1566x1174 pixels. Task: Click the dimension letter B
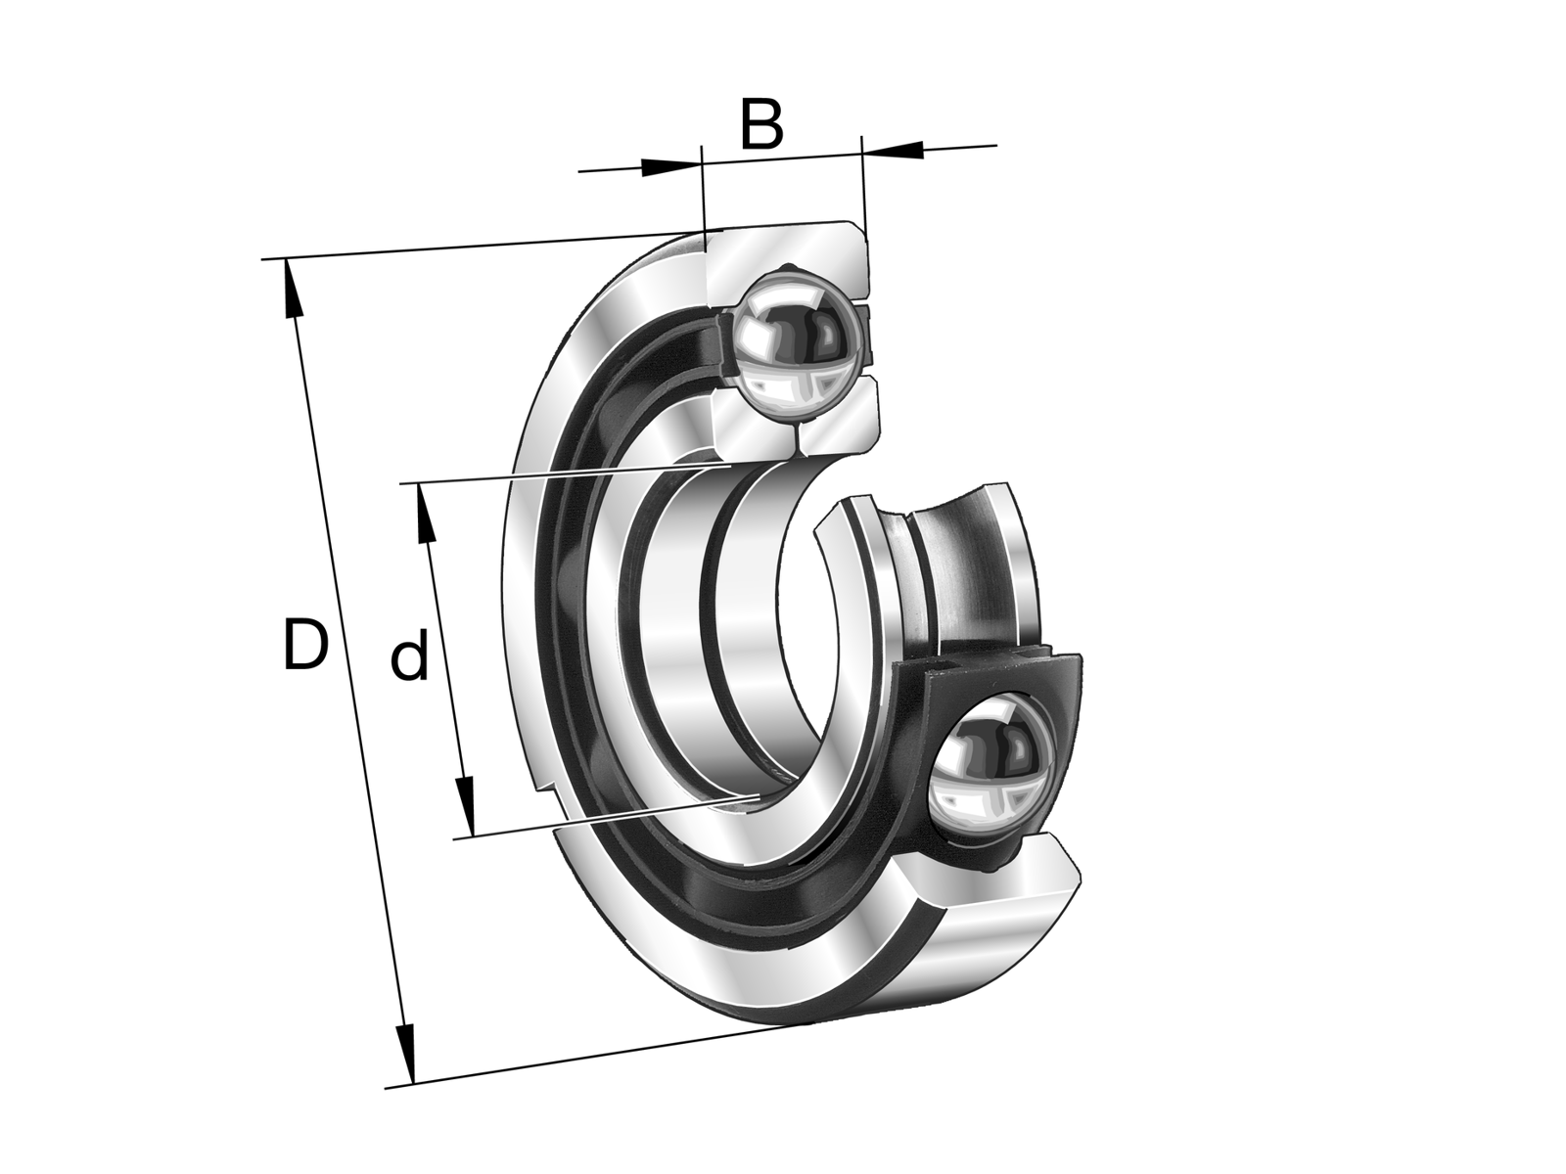point(761,125)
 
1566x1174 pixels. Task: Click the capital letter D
point(305,646)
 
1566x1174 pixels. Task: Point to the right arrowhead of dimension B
point(893,150)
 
